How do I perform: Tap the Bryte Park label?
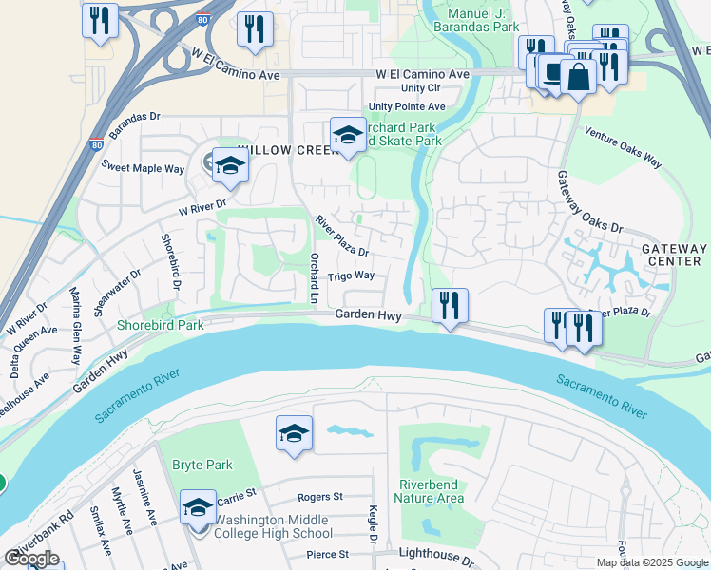coord(202,465)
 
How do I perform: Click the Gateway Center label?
coord(674,255)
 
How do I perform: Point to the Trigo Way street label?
coord(351,276)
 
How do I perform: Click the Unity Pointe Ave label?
coord(407,106)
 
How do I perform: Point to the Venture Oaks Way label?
coord(622,147)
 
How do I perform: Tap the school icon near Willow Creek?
coord(229,166)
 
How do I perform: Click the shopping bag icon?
coord(578,76)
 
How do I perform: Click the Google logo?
coord(31,559)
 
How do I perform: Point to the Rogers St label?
coord(319,497)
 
